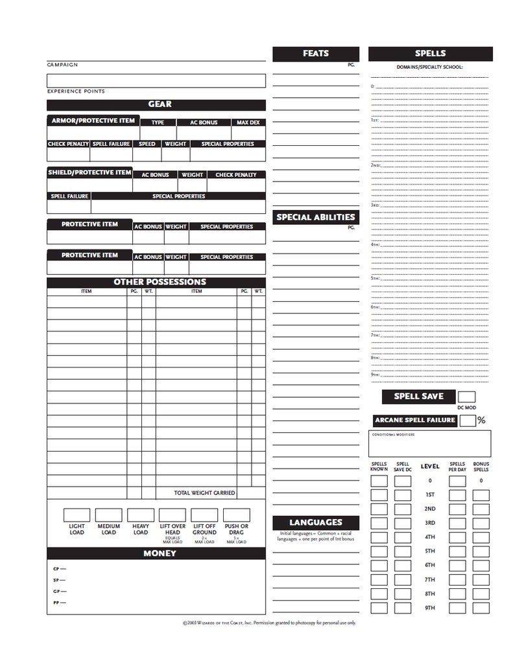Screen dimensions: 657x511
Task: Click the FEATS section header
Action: pos(315,54)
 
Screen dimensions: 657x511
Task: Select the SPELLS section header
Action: pos(430,54)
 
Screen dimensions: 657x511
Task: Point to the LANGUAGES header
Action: pos(315,522)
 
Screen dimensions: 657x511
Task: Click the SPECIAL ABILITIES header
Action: pos(315,217)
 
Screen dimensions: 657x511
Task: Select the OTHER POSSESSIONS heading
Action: pos(160,282)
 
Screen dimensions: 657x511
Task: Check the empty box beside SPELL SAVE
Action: pos(466,397)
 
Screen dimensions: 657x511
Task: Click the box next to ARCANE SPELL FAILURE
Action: pos(468,420)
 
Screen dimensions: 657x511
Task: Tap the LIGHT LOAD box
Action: pos(77,515)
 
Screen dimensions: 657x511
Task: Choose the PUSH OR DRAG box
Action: pos(236,515)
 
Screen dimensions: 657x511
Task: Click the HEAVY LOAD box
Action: pos(140,515)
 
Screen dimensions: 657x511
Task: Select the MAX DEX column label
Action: pos(248,122)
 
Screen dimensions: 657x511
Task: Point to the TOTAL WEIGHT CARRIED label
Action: pos(204,493)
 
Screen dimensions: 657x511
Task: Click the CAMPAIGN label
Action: pos(62,65)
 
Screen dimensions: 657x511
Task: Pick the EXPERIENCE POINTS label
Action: pos(76,91)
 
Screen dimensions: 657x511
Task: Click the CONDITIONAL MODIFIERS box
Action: pos(430,444)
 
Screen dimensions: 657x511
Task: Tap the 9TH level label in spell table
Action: pos(429,608)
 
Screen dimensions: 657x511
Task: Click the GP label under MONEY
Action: pos(56,591)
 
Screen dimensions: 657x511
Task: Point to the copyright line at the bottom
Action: pos(269,623)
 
